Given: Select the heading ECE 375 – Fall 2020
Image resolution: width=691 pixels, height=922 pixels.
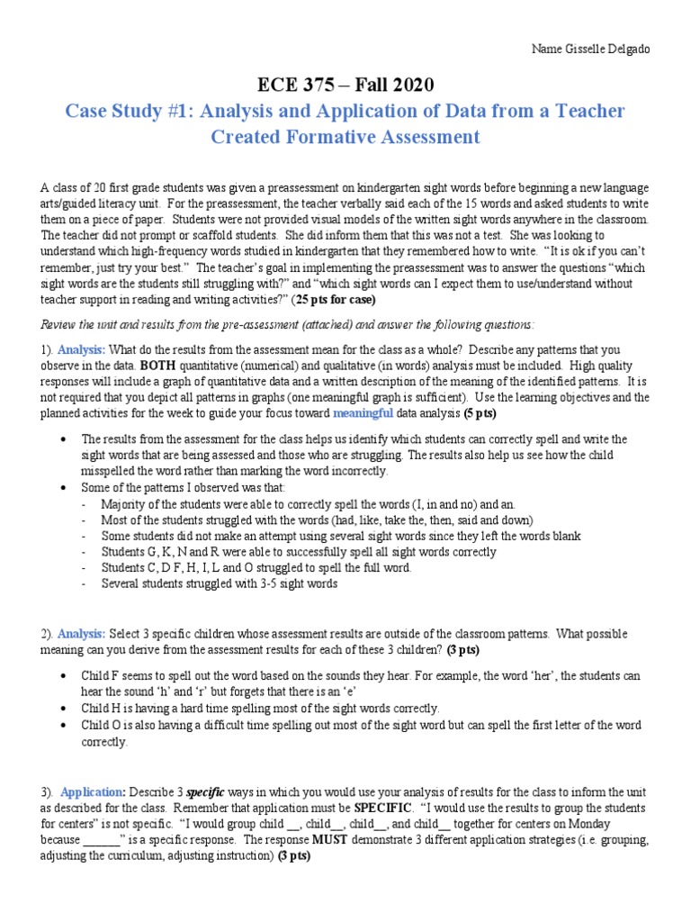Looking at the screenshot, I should point(345,86).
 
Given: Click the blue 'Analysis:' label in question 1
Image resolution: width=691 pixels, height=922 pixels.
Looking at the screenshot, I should point(82,349).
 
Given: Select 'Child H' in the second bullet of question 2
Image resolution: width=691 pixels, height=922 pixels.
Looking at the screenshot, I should point(102,709).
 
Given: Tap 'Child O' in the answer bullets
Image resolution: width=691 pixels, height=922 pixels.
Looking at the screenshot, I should point(102,726).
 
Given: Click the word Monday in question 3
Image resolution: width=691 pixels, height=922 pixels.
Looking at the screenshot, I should point(586,824).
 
